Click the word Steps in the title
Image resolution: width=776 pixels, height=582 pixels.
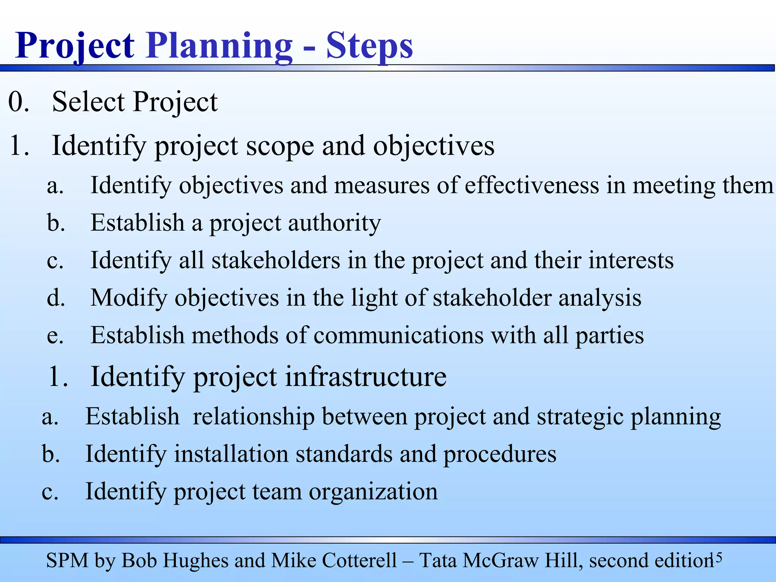369,46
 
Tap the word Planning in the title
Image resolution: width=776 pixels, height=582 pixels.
219,46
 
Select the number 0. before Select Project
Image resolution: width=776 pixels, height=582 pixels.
19,102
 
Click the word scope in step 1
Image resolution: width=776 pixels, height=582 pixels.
280,146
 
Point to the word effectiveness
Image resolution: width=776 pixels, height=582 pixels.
532,186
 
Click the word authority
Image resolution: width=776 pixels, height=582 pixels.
334,223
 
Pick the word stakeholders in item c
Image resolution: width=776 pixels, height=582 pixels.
276,260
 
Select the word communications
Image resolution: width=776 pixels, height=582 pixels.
399,335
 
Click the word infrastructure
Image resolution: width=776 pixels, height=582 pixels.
366,377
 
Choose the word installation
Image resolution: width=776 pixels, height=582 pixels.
231,454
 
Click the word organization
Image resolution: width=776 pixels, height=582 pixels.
373,491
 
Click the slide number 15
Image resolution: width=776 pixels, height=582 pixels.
716,557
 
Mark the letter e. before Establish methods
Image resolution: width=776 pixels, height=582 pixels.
55,336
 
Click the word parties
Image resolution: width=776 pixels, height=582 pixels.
610,336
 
